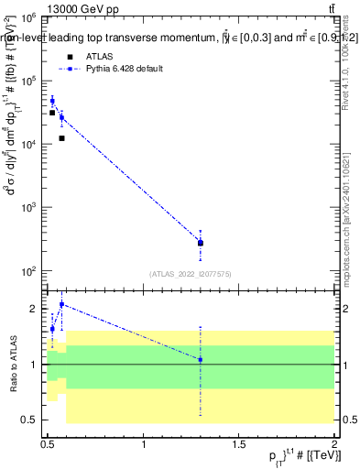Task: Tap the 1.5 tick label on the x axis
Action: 239,444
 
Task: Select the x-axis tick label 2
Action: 334,444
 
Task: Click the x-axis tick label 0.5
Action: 48,444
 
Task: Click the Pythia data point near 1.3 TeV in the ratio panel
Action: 201,359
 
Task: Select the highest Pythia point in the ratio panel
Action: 61,304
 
